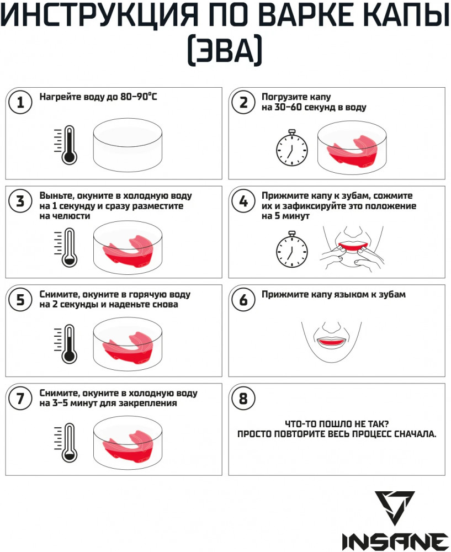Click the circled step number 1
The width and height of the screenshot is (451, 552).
pos(20,103)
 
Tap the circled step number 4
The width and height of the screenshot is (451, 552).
pos(243,201)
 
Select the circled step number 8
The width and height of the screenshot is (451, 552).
pos(243,399)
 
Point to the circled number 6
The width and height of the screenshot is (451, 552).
pos(243,300)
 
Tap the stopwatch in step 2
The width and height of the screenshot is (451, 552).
pos(292,147)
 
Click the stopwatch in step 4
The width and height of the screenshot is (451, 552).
pos(292,250)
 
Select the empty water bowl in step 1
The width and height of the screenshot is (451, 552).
pos(128,145)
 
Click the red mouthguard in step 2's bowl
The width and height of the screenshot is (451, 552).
pos(352,151)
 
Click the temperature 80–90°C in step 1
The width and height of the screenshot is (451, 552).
pos(139,97)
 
